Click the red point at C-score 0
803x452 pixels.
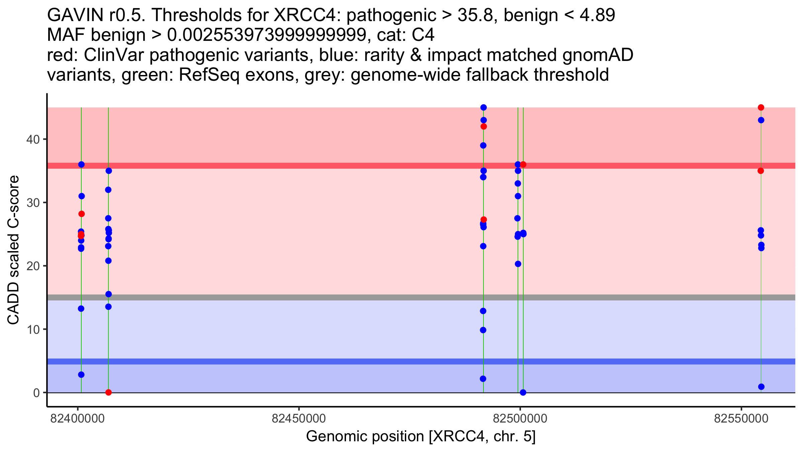point(108,392)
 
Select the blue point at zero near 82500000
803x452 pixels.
point(523,392)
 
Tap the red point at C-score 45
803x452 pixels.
point(761,107)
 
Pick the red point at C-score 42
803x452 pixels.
point(483,127)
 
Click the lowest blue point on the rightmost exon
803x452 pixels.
point(761,387)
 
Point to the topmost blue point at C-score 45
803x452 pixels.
point(483,107)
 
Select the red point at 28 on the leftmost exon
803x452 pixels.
point(81,214)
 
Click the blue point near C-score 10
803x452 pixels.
point(483,330)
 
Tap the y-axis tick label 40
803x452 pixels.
point(33,139)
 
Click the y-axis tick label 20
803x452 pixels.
point(33,266)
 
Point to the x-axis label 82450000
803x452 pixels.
point(299,419)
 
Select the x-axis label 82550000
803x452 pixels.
point(741,419)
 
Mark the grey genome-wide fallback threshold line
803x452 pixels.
point(401,297)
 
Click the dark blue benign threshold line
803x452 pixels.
point(401,361)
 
